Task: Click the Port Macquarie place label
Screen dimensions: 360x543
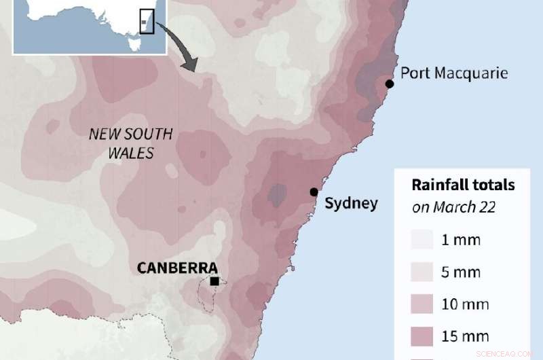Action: (454, 73)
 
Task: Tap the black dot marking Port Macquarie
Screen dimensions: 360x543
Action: (390, 84)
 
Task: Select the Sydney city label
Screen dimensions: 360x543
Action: (351, 203)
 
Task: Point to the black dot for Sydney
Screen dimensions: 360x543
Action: (314, 192)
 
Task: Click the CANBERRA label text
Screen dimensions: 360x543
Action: (177, 268)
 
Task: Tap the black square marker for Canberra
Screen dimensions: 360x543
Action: (214, 281)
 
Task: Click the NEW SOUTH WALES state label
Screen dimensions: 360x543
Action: (131, 143)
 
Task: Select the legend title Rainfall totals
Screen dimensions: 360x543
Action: (464, 185)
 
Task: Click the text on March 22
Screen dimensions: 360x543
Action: (453, 207)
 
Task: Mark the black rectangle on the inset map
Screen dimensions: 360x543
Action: (146, 20)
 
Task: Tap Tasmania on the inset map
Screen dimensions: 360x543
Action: (133, 45)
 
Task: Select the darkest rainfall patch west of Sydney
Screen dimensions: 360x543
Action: (276, 195)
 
